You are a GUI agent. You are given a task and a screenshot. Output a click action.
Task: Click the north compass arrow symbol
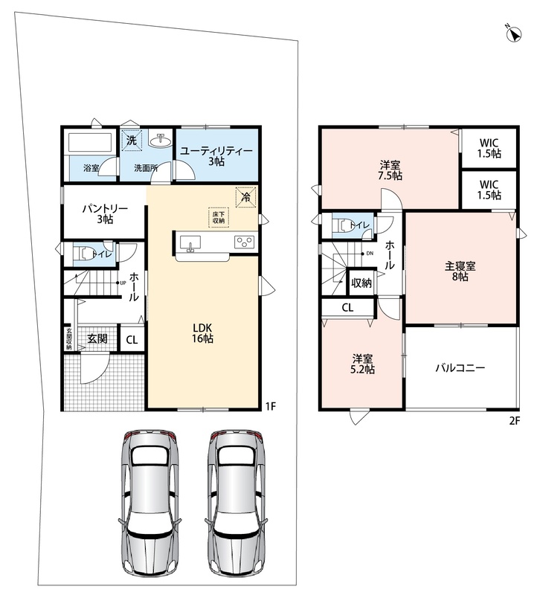(x=514, y=34)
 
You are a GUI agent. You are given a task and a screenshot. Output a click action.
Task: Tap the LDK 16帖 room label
(x=202, y=332)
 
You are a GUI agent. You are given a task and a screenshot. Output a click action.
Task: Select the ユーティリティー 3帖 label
(x=216, y=156)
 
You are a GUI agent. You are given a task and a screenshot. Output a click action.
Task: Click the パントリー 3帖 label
(x=105, y=213)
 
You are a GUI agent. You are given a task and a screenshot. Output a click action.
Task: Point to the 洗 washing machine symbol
(x=132, y=140)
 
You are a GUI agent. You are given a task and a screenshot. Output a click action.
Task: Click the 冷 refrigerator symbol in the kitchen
(x=246, y=197)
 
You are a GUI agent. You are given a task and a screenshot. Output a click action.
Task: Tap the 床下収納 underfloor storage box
(x=219, y=217)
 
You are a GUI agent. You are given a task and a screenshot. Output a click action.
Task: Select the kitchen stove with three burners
(x=245, y=242)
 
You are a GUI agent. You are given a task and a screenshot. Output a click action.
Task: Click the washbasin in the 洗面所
(x=161, y=140)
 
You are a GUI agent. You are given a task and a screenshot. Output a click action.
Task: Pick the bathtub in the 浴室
(x=90, y=143)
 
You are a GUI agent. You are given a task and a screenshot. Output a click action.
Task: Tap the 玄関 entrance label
(x=97, y=338)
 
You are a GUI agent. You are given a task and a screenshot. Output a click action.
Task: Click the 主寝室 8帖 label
(x=460, y=271)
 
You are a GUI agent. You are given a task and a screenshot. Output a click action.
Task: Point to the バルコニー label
(x=460, y=367)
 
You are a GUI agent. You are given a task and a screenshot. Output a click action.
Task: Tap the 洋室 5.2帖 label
(x=362, y=364)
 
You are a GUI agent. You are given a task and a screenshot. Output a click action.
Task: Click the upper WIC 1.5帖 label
(x=489, y=148)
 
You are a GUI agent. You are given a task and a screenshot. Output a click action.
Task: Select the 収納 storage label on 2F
(x=361, y=283)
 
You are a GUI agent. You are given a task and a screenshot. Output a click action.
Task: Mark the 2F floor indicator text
(x=514, y=420)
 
